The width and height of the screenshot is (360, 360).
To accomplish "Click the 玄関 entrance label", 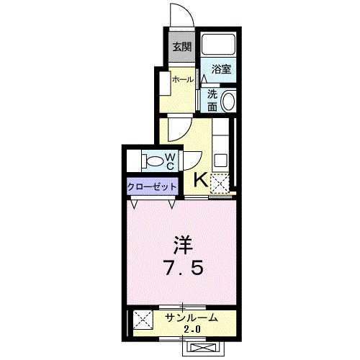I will pos(181,48).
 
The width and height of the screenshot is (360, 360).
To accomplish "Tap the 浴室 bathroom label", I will pos(221,69).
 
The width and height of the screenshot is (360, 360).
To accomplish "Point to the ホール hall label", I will pos(182,80).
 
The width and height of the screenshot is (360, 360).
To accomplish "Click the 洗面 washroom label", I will pos(212,100).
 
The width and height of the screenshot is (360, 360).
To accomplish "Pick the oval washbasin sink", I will pos(229,102).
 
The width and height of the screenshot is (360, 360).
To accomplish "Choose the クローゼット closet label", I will pos(151,186).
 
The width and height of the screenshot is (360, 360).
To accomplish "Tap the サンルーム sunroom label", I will pos(189,318).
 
